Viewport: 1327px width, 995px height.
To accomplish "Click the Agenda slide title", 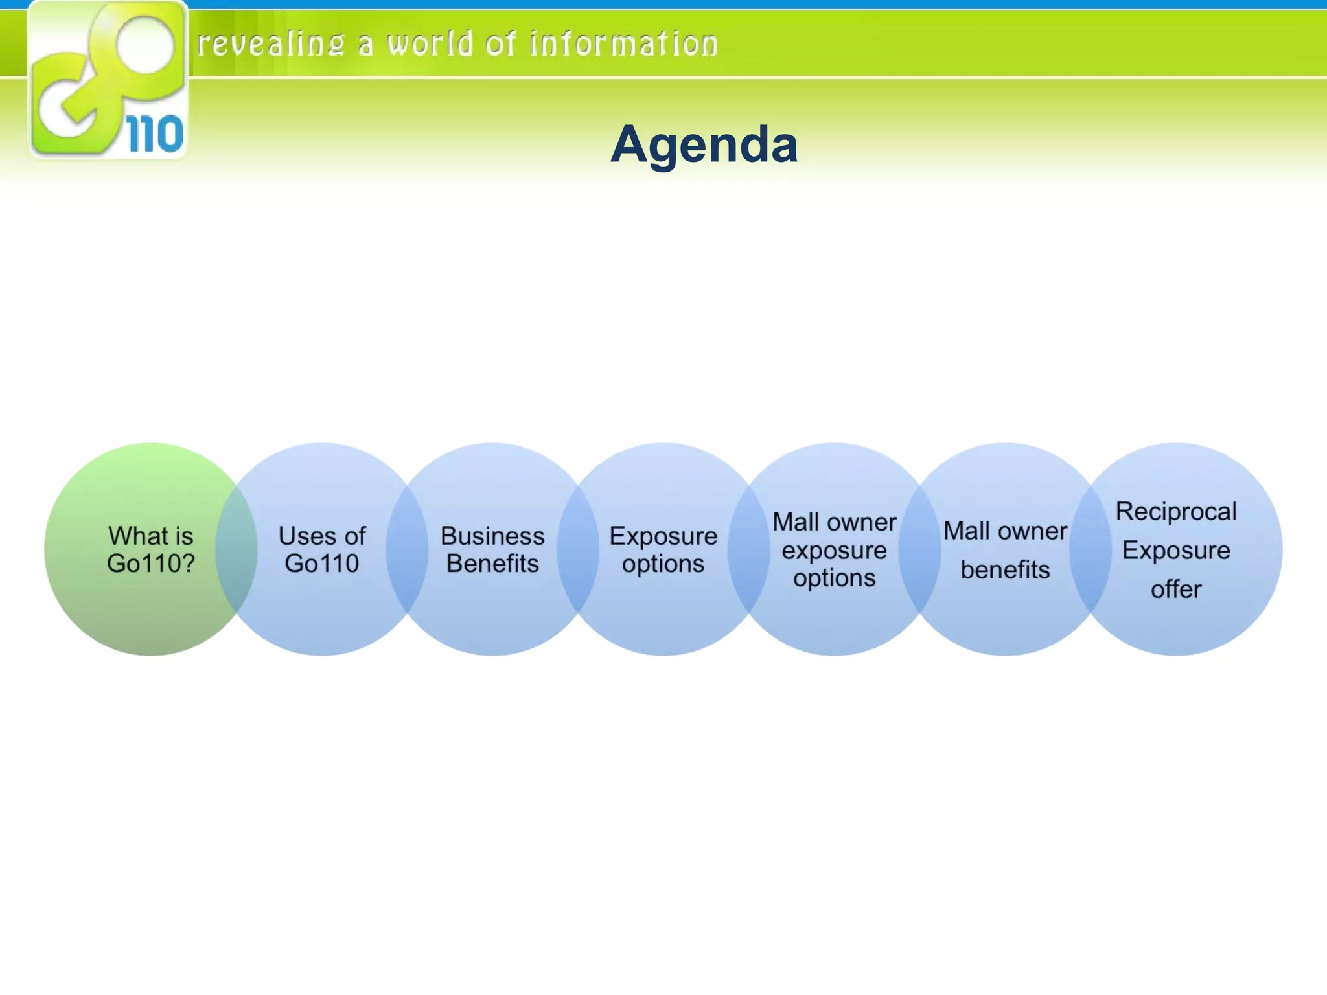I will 704,144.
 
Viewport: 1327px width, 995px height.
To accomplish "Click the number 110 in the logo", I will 155,135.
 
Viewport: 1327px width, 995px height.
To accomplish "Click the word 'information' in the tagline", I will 623,44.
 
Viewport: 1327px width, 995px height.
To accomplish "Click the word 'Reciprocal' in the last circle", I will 1176,512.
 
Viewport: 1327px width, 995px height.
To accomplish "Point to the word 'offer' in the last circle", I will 1176,589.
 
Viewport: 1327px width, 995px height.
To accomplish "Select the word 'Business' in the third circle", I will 492,536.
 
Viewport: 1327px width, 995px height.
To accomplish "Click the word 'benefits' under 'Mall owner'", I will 1005,570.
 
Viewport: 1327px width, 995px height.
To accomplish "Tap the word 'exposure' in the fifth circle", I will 835,551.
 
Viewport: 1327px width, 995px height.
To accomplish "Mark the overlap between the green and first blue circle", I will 237,549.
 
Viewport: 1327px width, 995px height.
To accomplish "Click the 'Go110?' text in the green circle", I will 151,564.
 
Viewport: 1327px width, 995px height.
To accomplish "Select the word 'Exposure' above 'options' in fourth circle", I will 663,536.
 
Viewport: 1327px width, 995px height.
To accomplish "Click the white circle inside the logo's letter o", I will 146,45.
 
